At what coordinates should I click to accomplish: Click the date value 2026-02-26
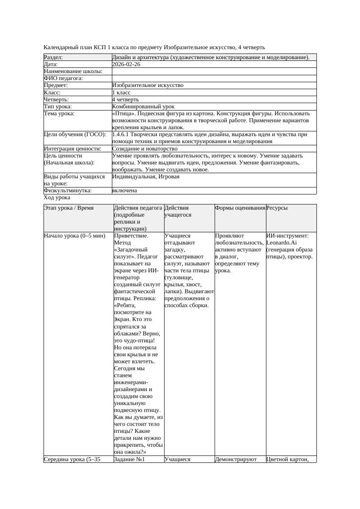pyautogui.click(x=126, y=64)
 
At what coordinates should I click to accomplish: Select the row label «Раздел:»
pyautogui.click(x=54, y=57)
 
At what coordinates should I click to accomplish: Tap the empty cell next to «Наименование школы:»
pyautogui.click(x=214, y=71)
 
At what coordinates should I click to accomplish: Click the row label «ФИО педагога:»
pyautogui.click(x=64, y=78)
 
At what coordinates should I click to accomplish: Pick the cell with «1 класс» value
pyautogui.click(x=121, y=93)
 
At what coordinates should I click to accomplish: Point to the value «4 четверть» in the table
pyautogui.click(x=126, y=100)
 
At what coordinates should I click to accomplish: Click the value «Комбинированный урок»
pyautogui.click(x=143, y=107)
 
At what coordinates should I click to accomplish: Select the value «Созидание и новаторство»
pyautogui.click(x=145, y=149)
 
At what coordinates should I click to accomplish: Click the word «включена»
pyautogui.click(x=124, y=191)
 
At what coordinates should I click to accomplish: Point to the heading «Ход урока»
pyautogui.click(x=57, y=198)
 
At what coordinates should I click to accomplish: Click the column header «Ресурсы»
pyautogui.click(x=277, y=208)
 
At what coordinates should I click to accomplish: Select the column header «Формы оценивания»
pyautogui.click(x=240, y=208)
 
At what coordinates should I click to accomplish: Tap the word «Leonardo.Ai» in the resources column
pyautogui.click(x=281, y=243)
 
